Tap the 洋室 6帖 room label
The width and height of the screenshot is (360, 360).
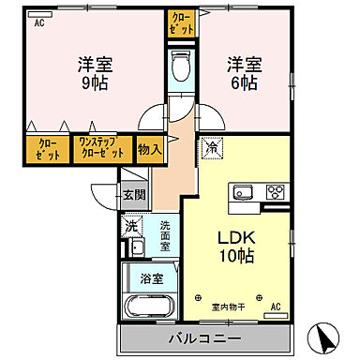243,74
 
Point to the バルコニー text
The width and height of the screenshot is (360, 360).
207,337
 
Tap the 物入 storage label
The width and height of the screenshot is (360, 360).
151,147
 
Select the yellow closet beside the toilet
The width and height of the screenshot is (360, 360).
181,22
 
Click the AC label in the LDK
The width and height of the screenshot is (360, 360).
276,307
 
